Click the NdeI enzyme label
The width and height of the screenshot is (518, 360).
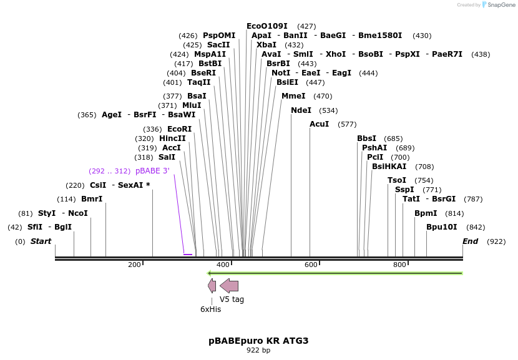301,110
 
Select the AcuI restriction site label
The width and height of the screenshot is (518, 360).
319,124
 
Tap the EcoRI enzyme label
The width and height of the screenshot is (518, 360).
179,129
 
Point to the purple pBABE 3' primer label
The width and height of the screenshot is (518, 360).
152,171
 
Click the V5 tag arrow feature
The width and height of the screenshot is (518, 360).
229,286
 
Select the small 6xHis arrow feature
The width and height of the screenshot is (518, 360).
212,286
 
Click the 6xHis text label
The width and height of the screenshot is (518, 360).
210,309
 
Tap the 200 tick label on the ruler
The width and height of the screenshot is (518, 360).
134,265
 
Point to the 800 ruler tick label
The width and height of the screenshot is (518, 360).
400,265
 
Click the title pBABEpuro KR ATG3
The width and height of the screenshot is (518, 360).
258,341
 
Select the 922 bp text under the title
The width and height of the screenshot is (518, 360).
258,351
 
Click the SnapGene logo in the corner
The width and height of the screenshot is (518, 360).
497,5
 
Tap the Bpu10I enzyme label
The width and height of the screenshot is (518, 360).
442,227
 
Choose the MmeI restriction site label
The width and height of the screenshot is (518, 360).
293,96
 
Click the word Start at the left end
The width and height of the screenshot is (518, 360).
41,241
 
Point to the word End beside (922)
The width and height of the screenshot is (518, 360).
470,241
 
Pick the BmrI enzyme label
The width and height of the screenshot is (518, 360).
92,199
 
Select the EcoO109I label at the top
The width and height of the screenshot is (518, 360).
267,26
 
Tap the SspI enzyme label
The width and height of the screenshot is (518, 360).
404,190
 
